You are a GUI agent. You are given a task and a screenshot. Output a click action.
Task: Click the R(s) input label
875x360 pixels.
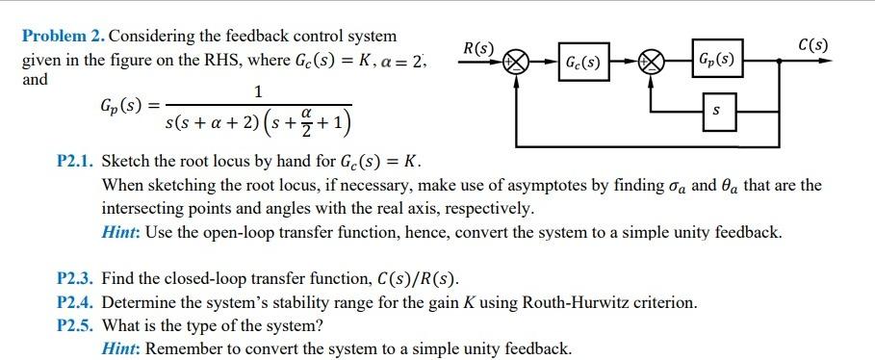pos(478,47)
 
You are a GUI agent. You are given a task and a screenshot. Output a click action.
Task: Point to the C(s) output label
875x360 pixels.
pos(813,45)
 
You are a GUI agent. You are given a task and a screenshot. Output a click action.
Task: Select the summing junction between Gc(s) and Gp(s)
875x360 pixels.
pos(655,64)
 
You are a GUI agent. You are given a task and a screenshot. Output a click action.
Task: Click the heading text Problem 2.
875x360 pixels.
pos(64,37)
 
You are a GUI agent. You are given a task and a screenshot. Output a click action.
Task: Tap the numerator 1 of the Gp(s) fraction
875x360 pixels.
pos(257,92)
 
